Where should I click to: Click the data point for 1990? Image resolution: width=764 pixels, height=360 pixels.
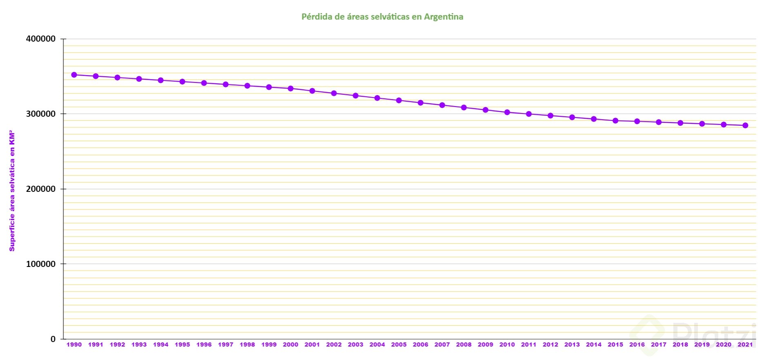tap(74, 75)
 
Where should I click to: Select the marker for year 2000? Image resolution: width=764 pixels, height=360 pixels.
tap(290, 88)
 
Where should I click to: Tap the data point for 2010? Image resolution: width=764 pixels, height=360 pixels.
tap(507, 112)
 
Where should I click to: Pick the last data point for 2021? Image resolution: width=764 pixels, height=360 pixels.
tap(745, 125)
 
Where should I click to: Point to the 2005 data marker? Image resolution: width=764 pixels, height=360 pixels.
tap(399, 100)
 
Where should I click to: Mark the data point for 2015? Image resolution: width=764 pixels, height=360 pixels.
tap(615, 120)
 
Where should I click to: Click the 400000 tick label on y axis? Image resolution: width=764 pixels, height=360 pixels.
tap(41, 39)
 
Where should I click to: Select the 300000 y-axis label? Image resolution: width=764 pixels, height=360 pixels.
tap(41, 114)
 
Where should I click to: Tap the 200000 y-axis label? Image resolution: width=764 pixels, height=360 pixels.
tap(41, 189)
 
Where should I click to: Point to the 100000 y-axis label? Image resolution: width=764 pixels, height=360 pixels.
tap(41, 264)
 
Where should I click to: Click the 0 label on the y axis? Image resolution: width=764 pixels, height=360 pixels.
tap(53, 339)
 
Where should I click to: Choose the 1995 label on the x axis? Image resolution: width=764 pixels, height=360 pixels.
tap(182, 344)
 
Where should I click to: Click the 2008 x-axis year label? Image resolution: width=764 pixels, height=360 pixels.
tap(464, 344)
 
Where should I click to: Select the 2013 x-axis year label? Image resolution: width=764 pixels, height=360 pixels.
tap(572, 344)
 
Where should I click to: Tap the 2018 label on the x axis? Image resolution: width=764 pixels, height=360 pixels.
tap(680, 344)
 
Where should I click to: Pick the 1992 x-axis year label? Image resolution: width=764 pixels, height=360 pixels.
tap(117, 344)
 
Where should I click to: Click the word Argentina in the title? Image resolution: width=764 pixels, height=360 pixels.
tap(443, 17)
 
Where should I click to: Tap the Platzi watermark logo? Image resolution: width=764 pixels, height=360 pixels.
tap(694, 335)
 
